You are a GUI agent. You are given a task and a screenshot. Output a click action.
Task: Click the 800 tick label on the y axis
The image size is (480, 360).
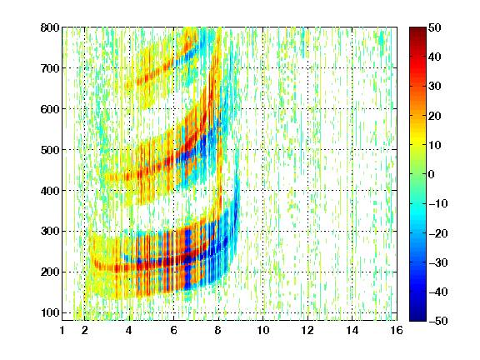50,27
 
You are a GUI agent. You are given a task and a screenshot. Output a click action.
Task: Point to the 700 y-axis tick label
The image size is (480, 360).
50,68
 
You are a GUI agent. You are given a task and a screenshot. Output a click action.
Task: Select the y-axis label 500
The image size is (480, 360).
50,150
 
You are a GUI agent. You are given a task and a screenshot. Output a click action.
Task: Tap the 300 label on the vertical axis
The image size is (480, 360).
50,232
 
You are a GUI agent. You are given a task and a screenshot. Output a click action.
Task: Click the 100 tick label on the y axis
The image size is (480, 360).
50,312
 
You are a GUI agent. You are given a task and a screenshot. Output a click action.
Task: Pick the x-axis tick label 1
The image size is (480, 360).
62,330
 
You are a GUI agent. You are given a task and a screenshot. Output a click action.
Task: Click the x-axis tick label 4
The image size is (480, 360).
129,330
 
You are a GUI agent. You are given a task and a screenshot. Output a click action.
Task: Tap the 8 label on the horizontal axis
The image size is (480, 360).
218,330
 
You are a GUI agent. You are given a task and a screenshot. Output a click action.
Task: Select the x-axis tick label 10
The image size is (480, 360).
263,330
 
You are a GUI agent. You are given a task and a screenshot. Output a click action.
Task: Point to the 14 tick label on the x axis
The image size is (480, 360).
352,330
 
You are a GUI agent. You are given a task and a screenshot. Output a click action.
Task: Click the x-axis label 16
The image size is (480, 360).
397,330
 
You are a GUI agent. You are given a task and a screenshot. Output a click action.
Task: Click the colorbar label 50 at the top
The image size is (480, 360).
434,27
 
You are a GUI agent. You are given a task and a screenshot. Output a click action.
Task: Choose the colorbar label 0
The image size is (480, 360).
432,174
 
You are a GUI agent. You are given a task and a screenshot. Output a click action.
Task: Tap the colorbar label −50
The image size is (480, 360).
438,321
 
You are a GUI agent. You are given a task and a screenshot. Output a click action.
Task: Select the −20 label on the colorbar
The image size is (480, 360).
438,233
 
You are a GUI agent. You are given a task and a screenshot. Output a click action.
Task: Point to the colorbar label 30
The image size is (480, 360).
434,87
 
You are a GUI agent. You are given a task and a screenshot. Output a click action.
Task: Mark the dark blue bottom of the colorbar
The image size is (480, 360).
417,318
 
